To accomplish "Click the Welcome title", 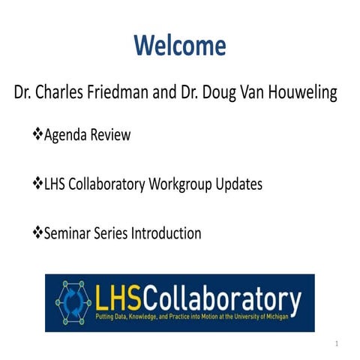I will point(180,46).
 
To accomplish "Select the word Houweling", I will point(298,94).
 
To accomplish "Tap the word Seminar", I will point(70,233).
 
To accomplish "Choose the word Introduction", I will point(166,233).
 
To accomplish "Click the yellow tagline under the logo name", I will point(196,319).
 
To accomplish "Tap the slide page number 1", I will point(337,343).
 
